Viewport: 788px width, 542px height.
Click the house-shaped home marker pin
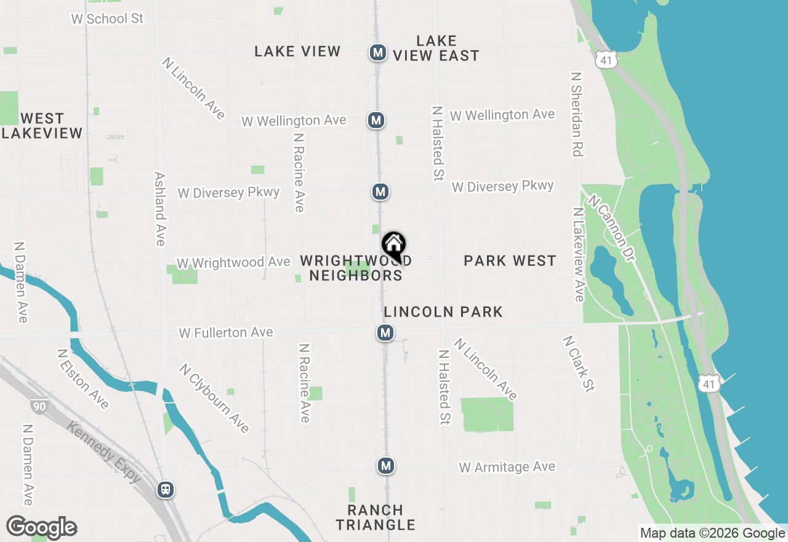pyautogui.click(x=394, y=246)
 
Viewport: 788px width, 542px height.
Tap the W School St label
pyautogui.click(x=107, y=18)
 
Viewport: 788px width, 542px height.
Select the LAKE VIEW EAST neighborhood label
pyautogui.click(x=436, y=49)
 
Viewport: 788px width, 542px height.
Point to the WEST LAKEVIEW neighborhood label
pyautogui.click(x=42, y=126)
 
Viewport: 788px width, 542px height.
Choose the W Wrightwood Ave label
pyautogui.click(x=233, y=262)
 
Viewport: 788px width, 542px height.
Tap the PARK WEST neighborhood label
pyautogui.click(x=510, y=261)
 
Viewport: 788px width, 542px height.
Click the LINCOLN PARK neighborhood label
pyautogui.click(x=443, y=312)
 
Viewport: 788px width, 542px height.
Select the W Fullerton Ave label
pyautogui.click(x=226, y=333)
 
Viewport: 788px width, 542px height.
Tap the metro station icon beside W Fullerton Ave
pyautogui.click(x=385, y=333)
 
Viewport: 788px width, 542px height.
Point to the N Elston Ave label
pyautogui.click(x=82, y=379)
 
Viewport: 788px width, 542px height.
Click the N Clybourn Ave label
pyautogui.click(x=214, y=398)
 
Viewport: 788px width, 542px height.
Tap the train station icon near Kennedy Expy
pyautogui.click(x=165, y=490)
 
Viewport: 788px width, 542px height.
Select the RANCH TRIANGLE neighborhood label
pyautogui.click(x=376, y=517)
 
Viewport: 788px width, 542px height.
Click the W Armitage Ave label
pyautogui.click(x=507, y=467)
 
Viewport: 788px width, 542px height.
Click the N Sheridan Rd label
pyautogui.click(x=577, y=115)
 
